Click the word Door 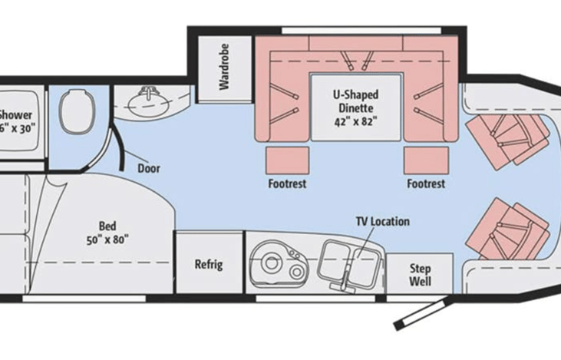[148, 167]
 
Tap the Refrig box [208, 265]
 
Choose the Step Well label [420, 275]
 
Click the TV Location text [381, 222]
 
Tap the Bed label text [107, 226]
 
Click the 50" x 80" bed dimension [107, 239]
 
